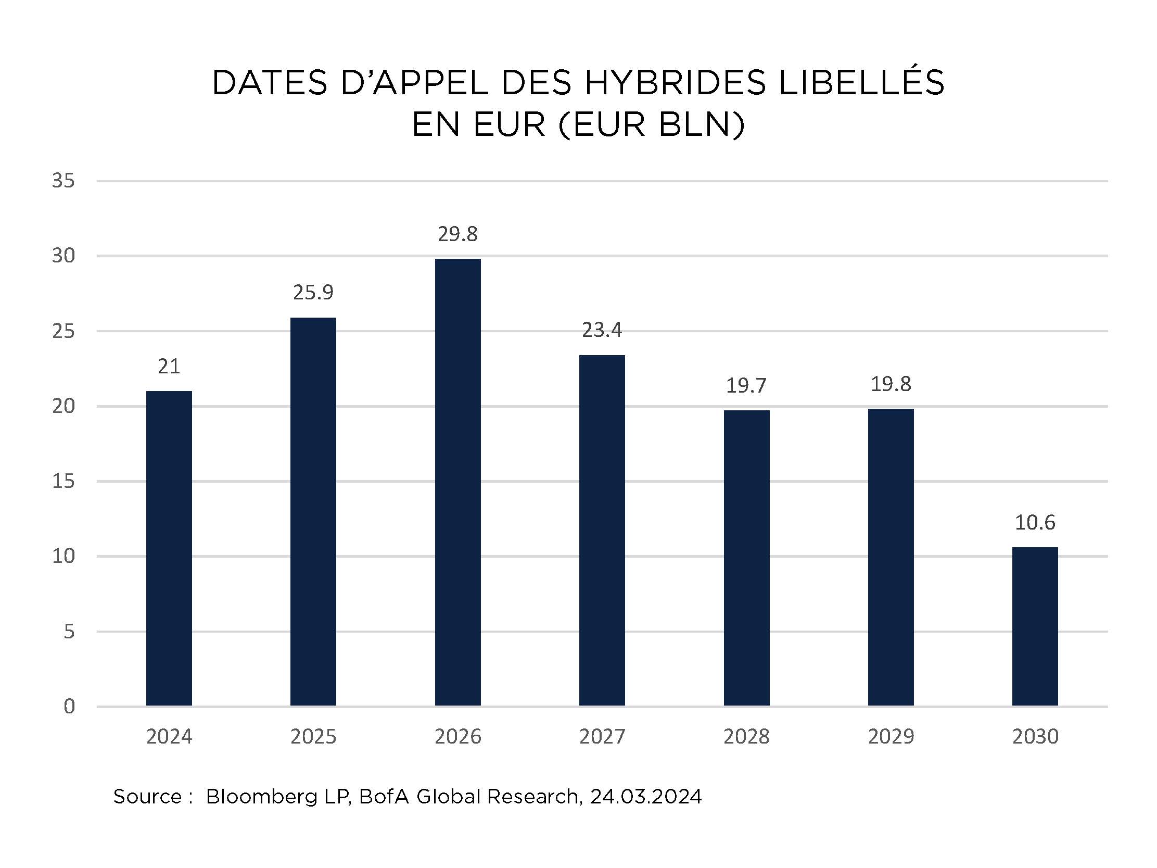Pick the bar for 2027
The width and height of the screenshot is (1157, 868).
pyautogui.click(x=602, y=531)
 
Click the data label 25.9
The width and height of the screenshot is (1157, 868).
pyautogui.click(x=313, y=293)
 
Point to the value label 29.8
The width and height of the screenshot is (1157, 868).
pyautogui.click(x=457, y=234)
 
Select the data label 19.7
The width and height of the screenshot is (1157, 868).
pyautogui.click(x=746, y=386)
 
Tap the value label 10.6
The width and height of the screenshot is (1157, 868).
pyautogui.click(x=1035, y=522)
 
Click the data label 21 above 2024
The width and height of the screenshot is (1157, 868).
pyautogui.click(x=169, y=366)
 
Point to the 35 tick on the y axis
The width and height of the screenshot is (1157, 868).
pyautogui.click(x=63, y=181)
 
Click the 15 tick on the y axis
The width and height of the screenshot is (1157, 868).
pyautogui.click(x=63, y=481)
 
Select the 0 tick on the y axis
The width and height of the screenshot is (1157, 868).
pyautogui.click(x=69, y=707)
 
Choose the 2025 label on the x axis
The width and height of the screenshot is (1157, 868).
pyautogui.click(x=313, y=737)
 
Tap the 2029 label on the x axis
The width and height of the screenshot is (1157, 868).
pyautogui.click(x=891, y=737)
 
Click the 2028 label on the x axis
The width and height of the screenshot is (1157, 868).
pyautogui.click(x=746, y=737)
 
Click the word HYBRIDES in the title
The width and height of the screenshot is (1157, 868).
pyautogui.click(x=675, y=83)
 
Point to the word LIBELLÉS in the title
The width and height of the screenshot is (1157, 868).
pyautogui.click(x=861, y=83)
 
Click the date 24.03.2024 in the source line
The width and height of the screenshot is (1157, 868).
pyautogui.click(x=645, y=796)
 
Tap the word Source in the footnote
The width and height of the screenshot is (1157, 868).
pyautogui.click(x=147, y=796)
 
